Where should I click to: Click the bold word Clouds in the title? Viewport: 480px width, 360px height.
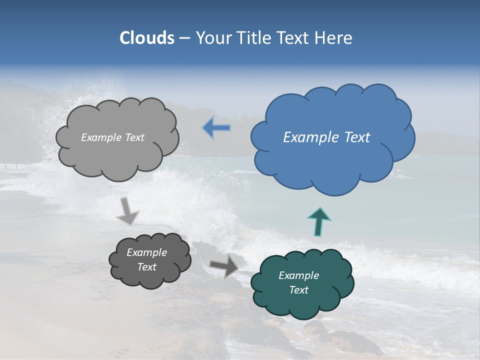(x=146, y=38)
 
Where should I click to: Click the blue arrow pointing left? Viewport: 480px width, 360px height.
(x=216, y=128)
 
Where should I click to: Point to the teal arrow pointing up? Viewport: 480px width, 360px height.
(x=319, y=221)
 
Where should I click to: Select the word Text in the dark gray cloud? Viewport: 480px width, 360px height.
(x=146, y=267)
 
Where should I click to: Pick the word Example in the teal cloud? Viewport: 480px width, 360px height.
(x=298, y=275)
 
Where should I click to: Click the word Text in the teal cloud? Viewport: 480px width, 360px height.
(x=298, y=290)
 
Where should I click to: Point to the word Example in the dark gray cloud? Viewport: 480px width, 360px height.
(x=146, y=252)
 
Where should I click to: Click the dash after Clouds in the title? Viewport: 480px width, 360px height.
(x=184, y=38)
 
